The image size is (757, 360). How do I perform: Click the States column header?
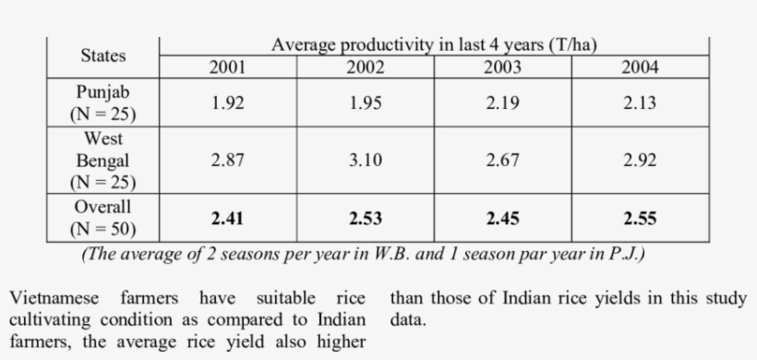102,56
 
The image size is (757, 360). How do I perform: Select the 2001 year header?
227,67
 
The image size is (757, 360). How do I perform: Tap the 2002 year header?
365,67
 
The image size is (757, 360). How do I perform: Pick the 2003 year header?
502,67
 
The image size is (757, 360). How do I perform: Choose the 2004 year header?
640,67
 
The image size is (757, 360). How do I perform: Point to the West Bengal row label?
102,160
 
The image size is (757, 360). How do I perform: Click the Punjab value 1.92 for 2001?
227,103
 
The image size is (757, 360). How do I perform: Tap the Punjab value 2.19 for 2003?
502,103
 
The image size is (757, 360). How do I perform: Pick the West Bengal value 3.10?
365,161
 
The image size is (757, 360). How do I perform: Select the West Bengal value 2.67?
502,161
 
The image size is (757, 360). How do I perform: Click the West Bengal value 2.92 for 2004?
640,161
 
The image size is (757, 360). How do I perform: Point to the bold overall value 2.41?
227,219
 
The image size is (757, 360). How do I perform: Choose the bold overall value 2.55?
640,219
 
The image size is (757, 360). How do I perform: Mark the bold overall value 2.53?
365,219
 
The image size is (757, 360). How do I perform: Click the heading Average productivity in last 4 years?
438,45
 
